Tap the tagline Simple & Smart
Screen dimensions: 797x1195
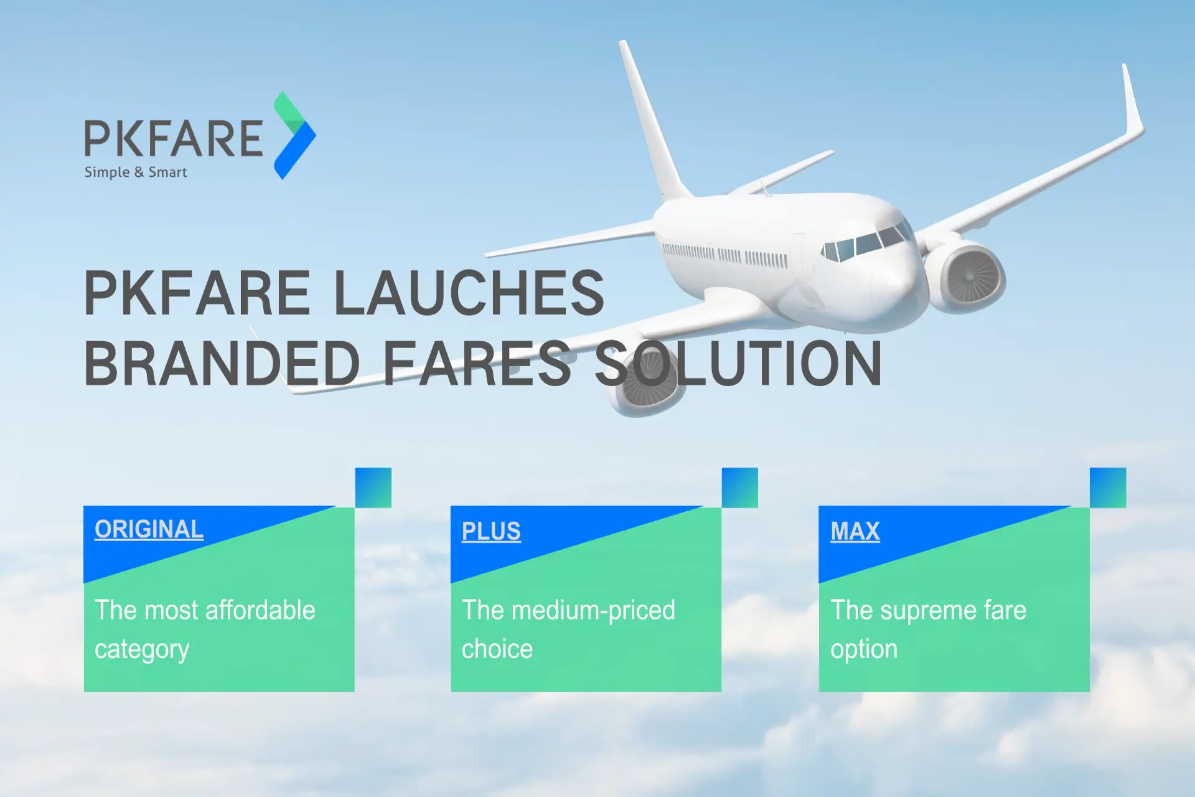click(136, 172)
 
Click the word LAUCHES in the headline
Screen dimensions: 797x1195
click(469, 293)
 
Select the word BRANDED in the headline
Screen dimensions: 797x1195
click(222, 364)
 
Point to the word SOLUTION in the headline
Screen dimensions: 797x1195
click(738, 364)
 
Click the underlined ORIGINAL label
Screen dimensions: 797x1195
click(149, 529)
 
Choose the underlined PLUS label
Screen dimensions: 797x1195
click(491, 531)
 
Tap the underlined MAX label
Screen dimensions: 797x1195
click(855, 531)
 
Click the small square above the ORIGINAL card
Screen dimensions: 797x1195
click(373, 488)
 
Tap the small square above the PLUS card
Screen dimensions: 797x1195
click(740, 488)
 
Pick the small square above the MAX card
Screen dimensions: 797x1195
click(1108, 488)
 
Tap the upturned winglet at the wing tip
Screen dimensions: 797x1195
click(1133, 100)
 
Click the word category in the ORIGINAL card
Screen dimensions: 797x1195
click(142, 649)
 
